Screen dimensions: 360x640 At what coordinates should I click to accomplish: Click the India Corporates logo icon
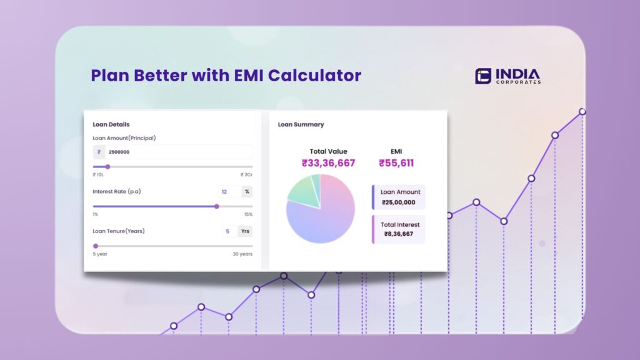483,76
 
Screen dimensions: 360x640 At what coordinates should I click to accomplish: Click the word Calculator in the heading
315,76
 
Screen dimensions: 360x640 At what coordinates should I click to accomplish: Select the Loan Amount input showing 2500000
177,152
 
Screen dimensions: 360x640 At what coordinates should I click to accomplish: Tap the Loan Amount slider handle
107,167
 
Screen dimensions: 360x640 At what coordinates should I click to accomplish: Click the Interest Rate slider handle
217,206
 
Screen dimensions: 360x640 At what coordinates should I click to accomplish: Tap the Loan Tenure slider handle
96,246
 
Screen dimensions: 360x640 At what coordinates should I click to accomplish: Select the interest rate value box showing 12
227,192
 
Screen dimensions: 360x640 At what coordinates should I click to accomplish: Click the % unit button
247,192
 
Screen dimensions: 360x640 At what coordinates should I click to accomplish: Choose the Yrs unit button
246,231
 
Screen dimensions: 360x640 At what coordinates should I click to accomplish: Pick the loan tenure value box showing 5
228,231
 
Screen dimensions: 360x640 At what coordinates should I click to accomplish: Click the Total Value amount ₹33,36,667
328,164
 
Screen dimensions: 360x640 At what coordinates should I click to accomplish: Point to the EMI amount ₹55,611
396,164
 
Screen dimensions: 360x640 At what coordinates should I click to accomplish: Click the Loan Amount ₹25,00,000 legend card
399,197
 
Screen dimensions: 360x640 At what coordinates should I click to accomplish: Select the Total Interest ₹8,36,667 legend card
399,229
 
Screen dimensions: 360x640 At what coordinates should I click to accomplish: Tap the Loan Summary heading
301,124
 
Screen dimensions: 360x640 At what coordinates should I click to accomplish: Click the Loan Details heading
111,124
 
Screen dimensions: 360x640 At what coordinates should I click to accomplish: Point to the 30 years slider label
242,254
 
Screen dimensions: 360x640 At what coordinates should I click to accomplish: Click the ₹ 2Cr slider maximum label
246,175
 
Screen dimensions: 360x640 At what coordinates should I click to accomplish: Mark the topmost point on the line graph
582,112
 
